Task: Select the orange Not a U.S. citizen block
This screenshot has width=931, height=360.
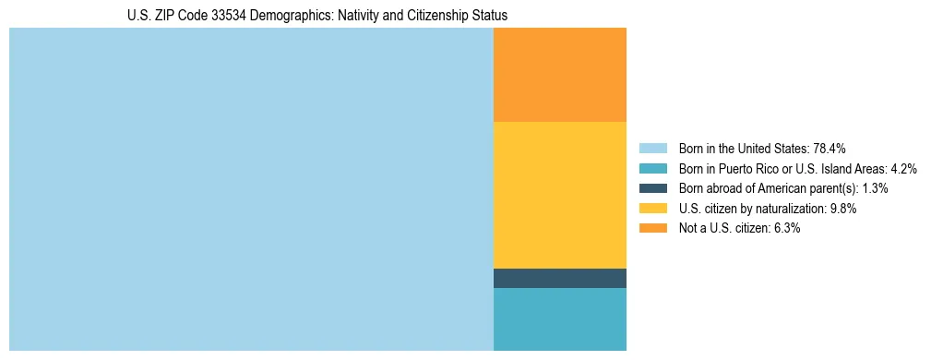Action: tap(560, 75)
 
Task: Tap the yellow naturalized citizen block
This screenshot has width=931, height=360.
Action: tap(560, 195)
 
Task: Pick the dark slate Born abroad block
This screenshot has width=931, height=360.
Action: tap(560, 278)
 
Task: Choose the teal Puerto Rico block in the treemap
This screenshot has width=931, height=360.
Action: tap(560, 319)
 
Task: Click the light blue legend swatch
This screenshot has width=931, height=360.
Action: tap(652, 148)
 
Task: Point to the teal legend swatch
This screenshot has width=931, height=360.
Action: tap(652, 168)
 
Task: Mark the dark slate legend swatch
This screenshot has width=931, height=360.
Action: tap(652, 188)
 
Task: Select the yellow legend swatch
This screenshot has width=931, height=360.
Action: tap(652, 209)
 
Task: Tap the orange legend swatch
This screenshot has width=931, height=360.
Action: tap(652, 229)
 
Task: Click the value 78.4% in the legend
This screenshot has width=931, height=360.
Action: tap(830, 148)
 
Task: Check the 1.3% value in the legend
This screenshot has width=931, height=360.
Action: tap(876, 188)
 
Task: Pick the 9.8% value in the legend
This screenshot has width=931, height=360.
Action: tap(844, 209)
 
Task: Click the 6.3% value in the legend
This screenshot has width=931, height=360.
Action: tap(787, 229)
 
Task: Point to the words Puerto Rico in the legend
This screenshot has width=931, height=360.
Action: tap(754, 168)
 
